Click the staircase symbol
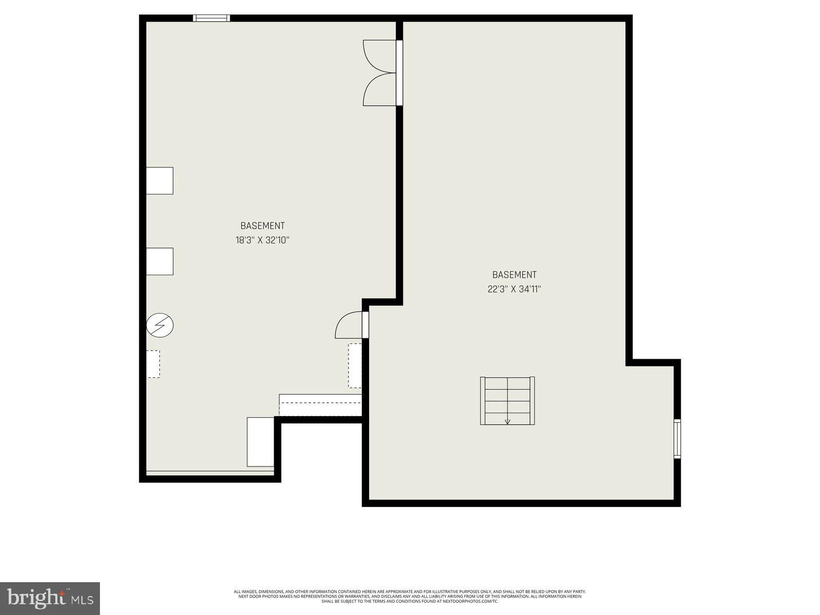(x=507, y=401)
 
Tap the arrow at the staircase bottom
(x=507, y=422)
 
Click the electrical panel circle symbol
(x=160, y=325)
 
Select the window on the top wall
(x=211, y=18)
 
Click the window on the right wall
(x=677, y=438)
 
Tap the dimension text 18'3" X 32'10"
(x=262, y=240)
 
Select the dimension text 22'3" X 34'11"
(x=514, y=289)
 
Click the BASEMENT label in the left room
(x=262, y=225)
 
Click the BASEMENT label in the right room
(x=514, y=275)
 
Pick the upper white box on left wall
(x=159, y=180)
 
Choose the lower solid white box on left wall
(x=159, y=261)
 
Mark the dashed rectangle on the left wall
(x=153, y=364)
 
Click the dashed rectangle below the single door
(x=355, y=365)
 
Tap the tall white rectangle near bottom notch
(x=260, y=442)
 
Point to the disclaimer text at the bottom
(x=410, y=596)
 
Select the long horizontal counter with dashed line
(x=320, y=405)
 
